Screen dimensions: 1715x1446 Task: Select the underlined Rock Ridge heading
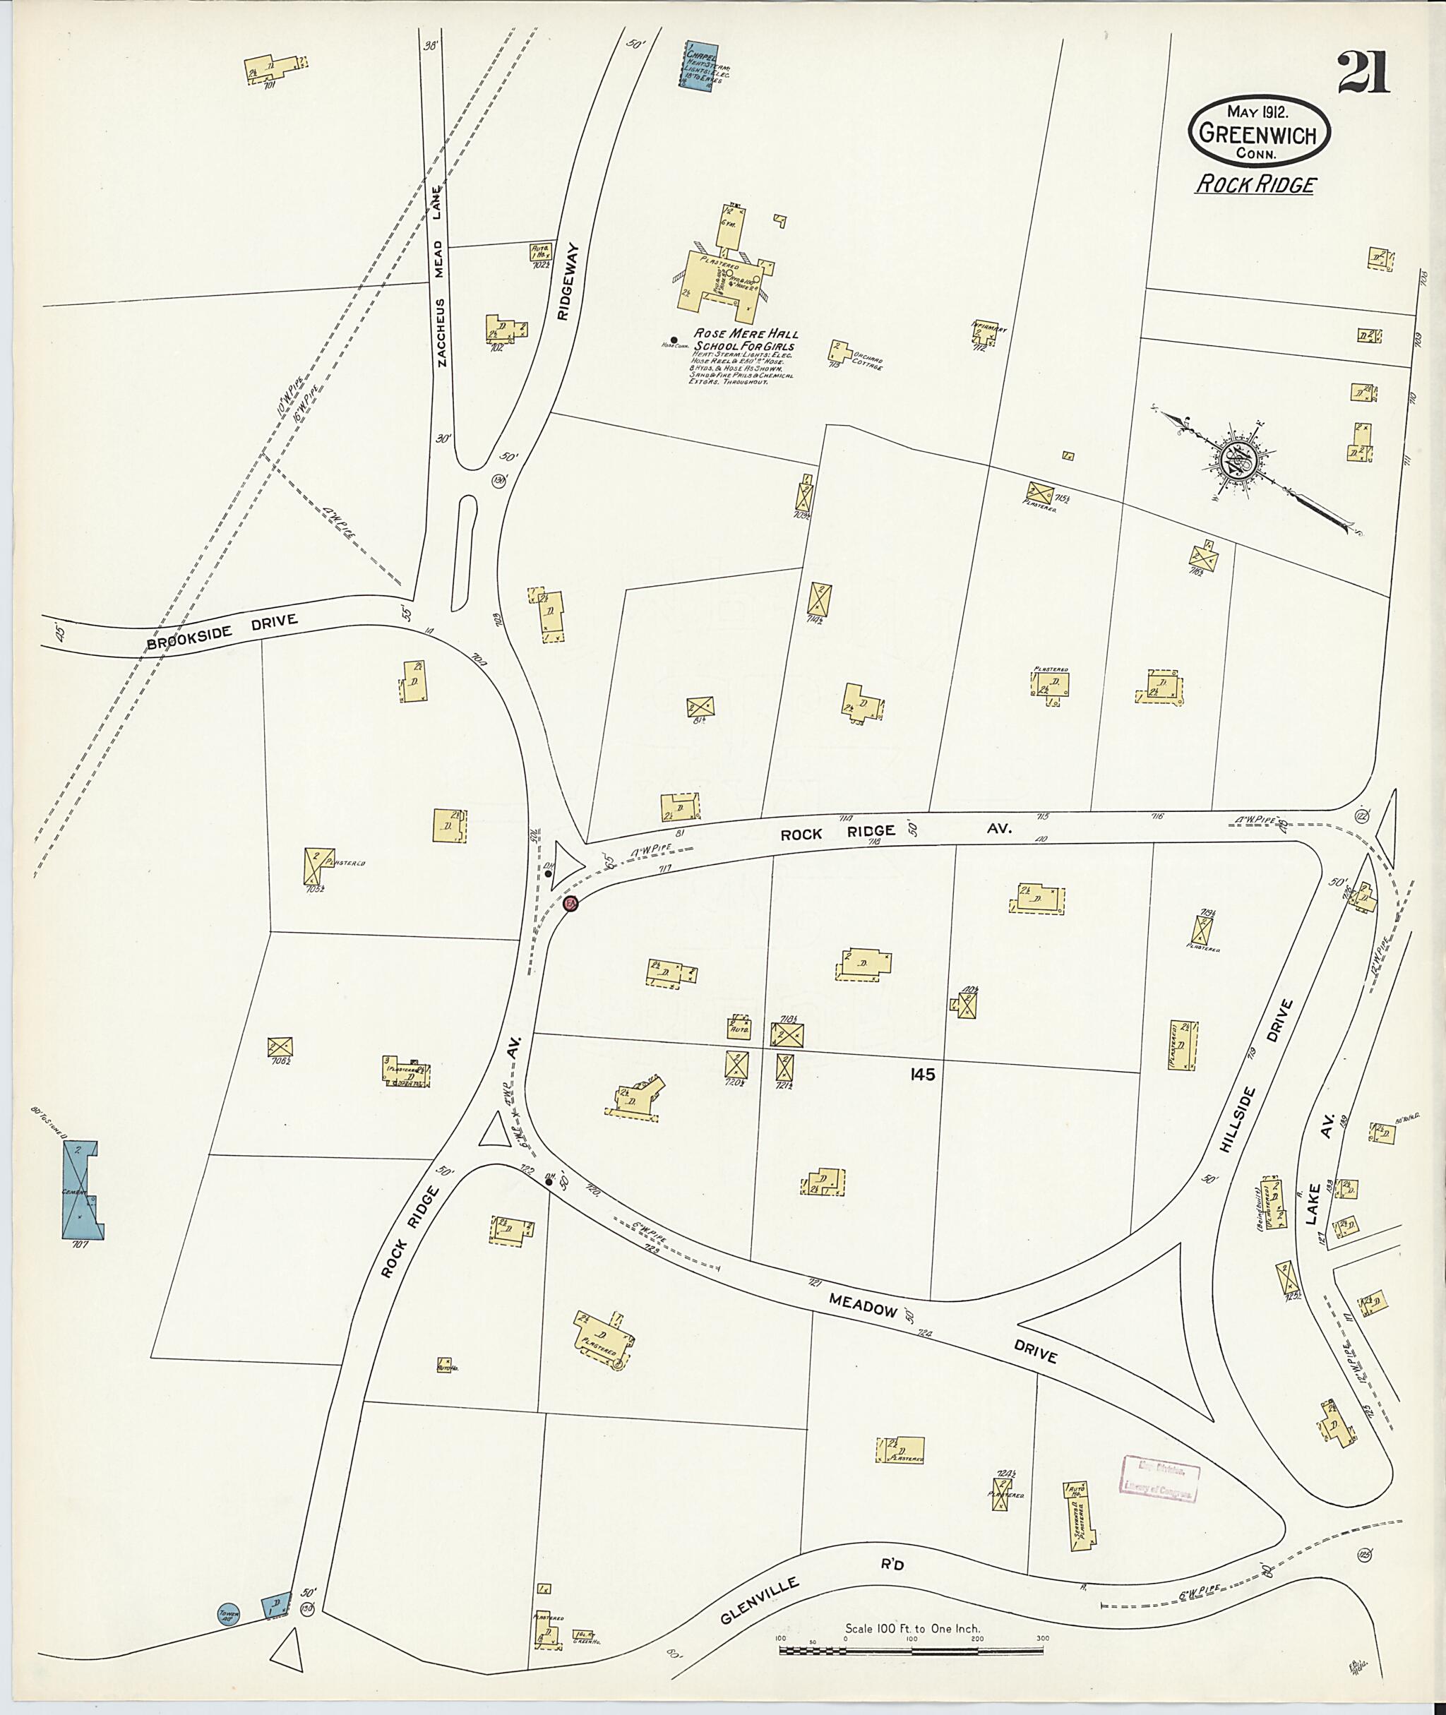pos(1255,184)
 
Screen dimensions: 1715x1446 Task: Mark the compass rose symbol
pos(1238,462)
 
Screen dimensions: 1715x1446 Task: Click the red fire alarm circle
pos(571,904)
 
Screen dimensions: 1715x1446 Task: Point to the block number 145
pos(922,1075)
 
